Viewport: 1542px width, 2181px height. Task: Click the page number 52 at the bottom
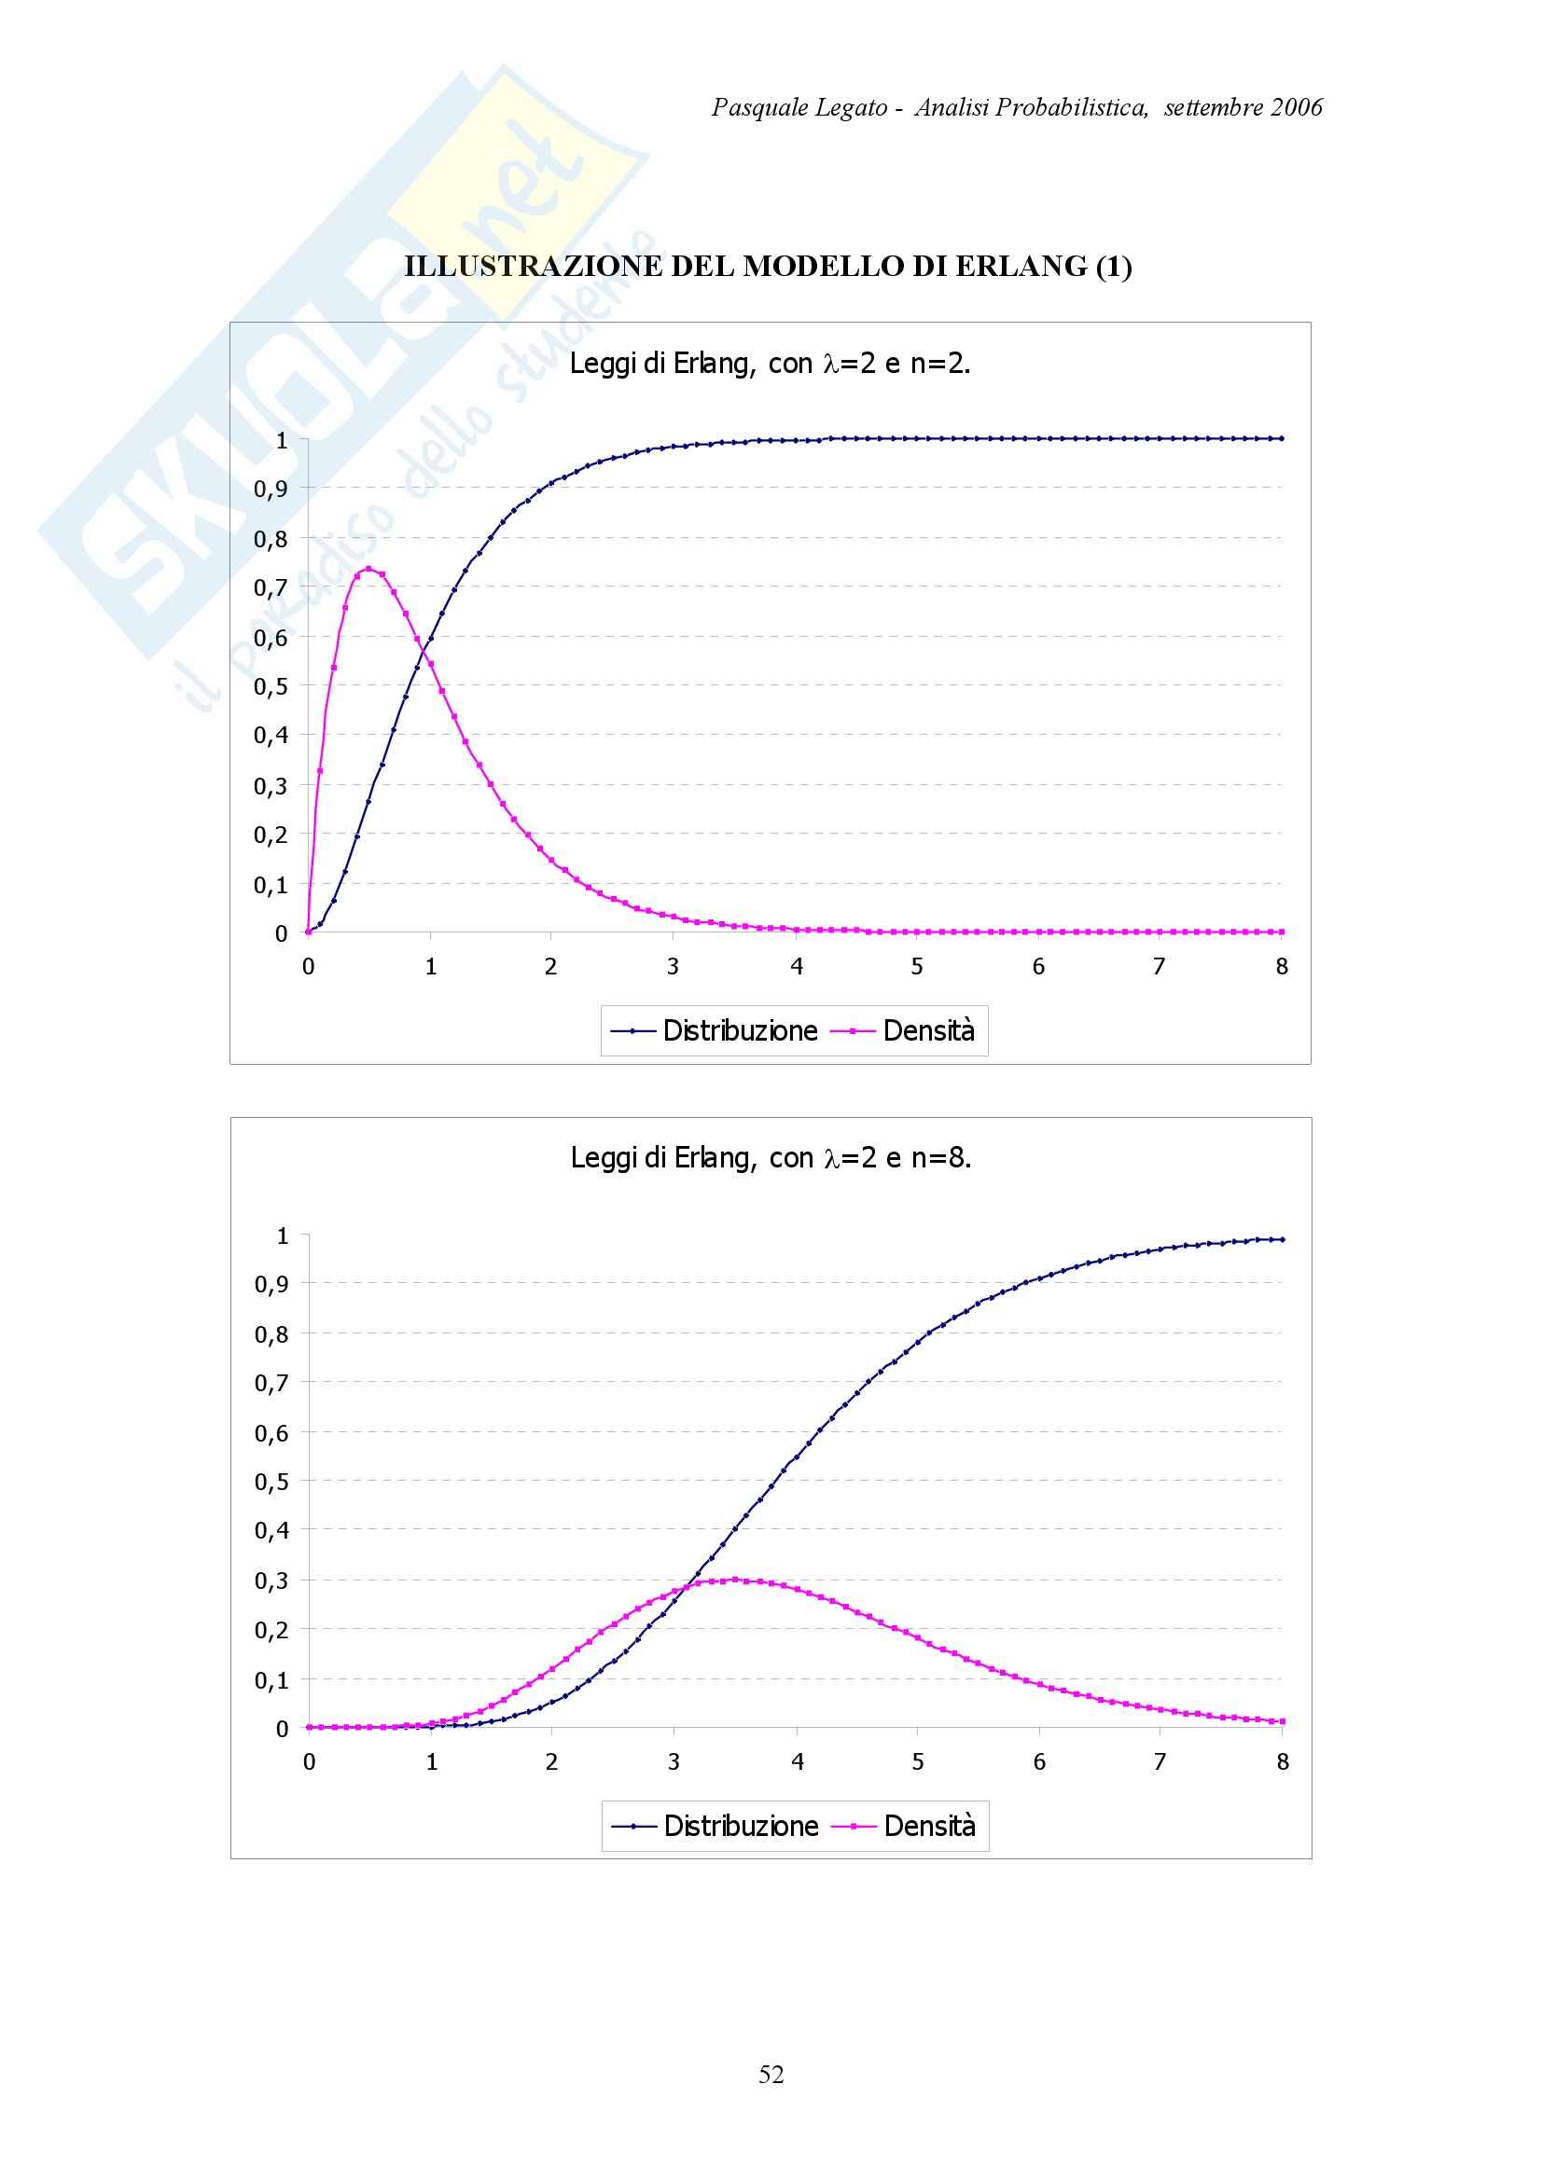[x=771, y=2075]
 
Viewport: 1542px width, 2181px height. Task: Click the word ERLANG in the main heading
[x=1021, y=267]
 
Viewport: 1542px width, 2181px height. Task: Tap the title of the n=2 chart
[x=770, y=363]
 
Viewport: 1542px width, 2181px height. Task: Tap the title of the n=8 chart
[x=771, y=1158]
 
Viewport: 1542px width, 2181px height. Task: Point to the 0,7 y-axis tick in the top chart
[x=270, y=588]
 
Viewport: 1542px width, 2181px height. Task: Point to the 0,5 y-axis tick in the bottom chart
[x=271, y=1482]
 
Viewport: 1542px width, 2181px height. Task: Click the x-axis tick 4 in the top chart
[x=796, y=967]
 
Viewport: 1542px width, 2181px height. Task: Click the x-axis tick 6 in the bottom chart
[x=1039, y=1762]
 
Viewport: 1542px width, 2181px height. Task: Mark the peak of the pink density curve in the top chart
[x=368, y=569]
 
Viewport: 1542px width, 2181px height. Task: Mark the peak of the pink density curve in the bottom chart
[x=734, y=1580]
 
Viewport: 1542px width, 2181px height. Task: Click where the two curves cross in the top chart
[x=423, y=650]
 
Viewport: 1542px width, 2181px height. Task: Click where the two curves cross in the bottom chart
[x=681, y=1589]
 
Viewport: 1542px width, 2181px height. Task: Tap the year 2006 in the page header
[x=1297, y=107]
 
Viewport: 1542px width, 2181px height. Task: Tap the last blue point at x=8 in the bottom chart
[x=1282, y=1239]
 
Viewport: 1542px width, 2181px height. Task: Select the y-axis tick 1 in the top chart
[x=281, y=440]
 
